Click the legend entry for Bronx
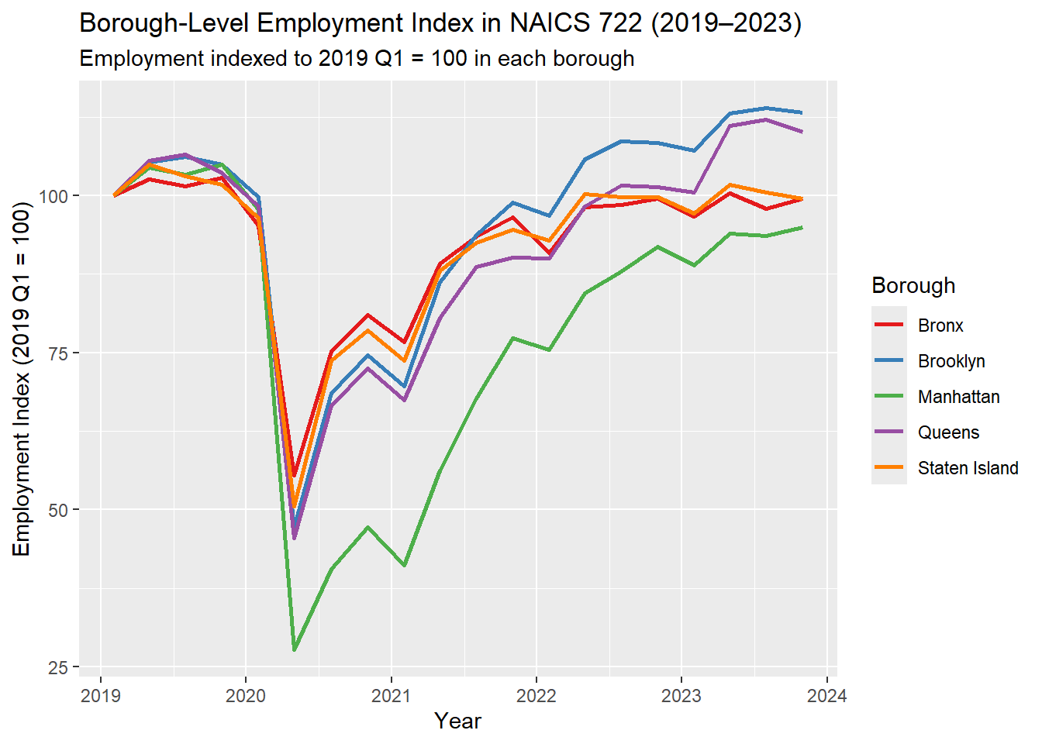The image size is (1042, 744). [x=940, y=325]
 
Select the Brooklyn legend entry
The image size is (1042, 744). [x=951, y=361]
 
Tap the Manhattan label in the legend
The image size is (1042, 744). [x=958, y=397]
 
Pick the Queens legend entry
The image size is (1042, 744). [x=948, y=432]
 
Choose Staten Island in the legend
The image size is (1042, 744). [x=968, y=468]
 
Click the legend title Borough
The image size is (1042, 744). [x=913, y=285]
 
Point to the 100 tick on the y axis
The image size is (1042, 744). [x=53, y=196]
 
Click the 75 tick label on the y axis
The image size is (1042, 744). [x=59, y=353]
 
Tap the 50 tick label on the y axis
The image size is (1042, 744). [x=59, y=511]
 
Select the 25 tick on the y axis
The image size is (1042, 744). [x=59, y=668]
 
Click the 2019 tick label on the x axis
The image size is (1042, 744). [x=101, y=696]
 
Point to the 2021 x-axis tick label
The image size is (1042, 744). [x=391, y=696]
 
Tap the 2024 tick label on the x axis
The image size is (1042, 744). [x=826, y=696]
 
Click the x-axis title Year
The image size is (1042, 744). [x=457, y=722]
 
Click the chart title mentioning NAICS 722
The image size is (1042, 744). [x=440, y=23]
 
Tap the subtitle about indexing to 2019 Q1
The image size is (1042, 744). [x=357, y=59]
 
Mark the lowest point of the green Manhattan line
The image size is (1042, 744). [x=295, y=649]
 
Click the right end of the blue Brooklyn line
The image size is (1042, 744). [x=802, y=113]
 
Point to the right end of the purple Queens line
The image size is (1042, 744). [x=802, y=133]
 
